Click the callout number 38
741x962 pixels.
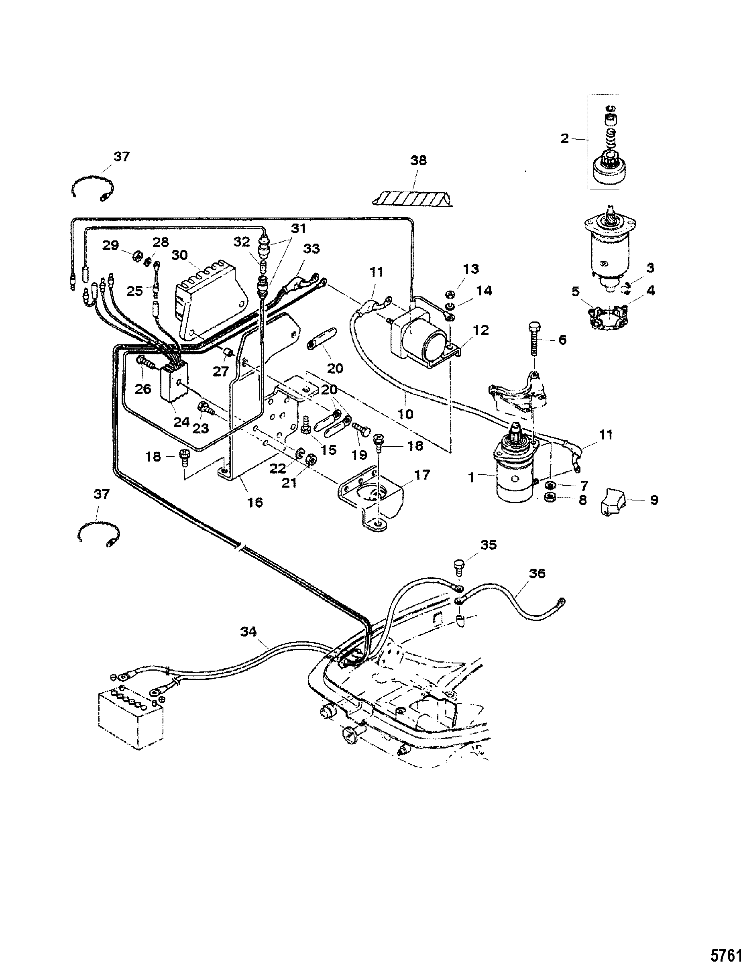[x=419, y=161]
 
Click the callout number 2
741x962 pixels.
[x=565, y=139]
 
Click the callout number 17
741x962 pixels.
[x=421, y=475]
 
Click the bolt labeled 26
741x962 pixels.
[x=146, y=363]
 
